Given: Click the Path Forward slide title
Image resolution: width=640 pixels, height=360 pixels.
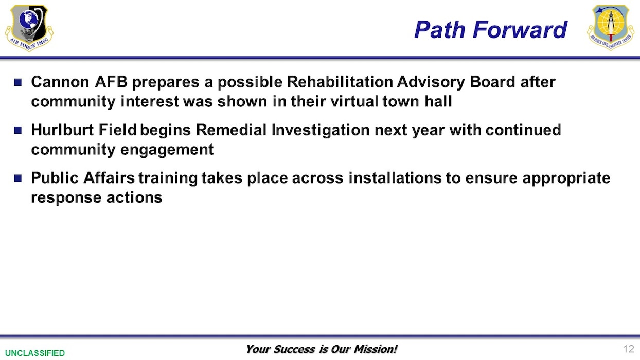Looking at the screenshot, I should (490, 29).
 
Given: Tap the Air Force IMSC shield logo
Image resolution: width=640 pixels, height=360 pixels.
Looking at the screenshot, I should (29, 28).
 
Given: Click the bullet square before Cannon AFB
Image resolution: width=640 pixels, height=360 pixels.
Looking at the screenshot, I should (18, 82).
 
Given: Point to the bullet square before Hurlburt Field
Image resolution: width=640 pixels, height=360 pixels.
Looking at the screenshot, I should (18, 130).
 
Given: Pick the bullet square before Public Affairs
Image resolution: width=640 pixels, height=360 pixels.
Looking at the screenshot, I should (18, 178).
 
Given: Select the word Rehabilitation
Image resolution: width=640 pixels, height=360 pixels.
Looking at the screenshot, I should (354, 82).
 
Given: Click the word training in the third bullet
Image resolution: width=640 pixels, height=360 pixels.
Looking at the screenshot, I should (167, 178).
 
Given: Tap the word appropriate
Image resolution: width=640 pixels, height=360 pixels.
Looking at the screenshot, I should (566, 178).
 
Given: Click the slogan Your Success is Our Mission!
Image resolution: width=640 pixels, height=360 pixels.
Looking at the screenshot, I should (321, 349).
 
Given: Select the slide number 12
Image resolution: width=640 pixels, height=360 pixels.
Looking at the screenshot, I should (628, 349).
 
